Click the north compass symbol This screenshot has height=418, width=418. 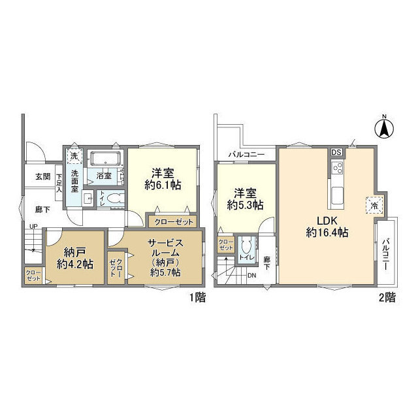(385, 127)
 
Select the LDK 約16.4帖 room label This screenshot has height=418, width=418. (327, 226)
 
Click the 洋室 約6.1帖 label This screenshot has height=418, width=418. (163, 178)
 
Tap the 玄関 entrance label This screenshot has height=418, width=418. (42, 176)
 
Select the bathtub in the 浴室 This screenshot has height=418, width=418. (104, 160)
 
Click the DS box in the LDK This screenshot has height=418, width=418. (336, 152)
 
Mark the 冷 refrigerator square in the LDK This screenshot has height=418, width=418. (374, 204)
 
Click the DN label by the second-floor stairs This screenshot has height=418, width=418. (252, 275)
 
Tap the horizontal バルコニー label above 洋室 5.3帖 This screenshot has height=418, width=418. (246, 154)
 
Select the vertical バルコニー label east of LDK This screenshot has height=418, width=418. (387, 249)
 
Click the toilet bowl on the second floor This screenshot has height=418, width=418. (246, 248)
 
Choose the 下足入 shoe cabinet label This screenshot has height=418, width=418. (59, 177)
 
